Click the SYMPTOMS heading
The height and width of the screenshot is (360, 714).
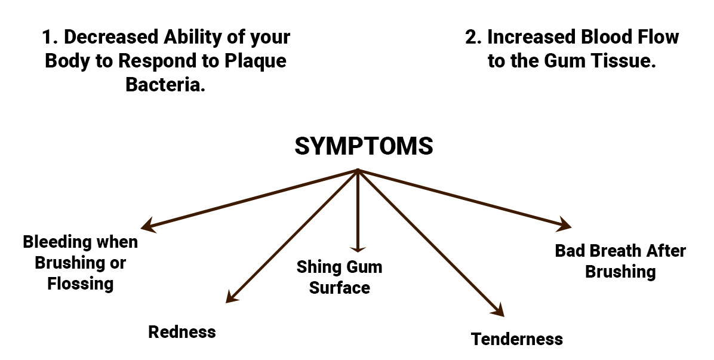point(364,146)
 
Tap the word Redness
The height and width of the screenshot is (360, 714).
point(181,332)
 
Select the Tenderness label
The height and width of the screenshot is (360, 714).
point(516,339)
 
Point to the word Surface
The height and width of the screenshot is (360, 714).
point(340,288)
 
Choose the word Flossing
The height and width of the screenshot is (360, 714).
point(81,283)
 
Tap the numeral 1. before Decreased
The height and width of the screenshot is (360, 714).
point(50,37)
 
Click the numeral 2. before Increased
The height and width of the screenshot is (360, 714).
point(473,37)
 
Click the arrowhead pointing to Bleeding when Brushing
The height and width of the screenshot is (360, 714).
point(147,227)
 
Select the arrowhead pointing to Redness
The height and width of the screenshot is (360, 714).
point(230,299)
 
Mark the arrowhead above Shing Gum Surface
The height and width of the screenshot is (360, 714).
point(357,250)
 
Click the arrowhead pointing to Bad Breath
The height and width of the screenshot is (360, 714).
point(565,226)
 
